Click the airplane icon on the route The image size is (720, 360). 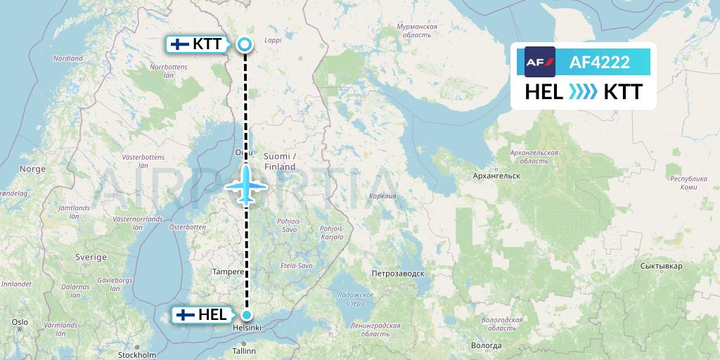point(246,186)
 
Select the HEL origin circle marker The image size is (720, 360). point(246,315)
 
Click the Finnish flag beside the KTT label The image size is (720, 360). point(180,44)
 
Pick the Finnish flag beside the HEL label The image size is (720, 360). point(186,315)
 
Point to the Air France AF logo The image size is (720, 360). point(540,62)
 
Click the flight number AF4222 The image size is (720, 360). point(600,63)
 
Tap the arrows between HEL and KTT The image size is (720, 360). point(582,91)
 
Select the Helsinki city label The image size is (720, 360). point(247,328)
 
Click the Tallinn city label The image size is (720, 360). point(245,349)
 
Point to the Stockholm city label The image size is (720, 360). point(137,356)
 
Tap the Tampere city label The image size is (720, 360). point(228,271)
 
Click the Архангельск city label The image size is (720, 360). point(496,175)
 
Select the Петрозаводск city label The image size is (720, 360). point(399,273)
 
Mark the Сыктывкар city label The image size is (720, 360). point(662,266)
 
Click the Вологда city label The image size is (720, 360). point(487,345)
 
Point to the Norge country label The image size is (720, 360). point(32,169)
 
